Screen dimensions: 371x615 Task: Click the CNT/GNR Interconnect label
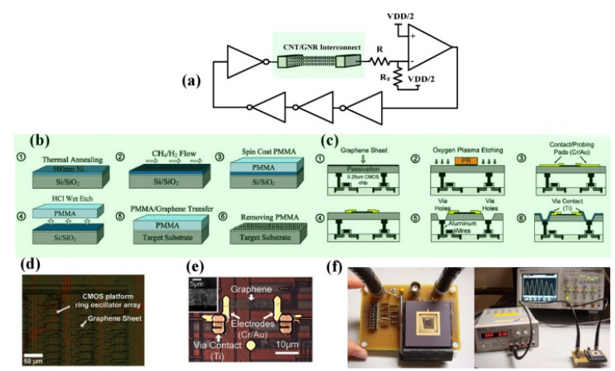pos(321,47)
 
